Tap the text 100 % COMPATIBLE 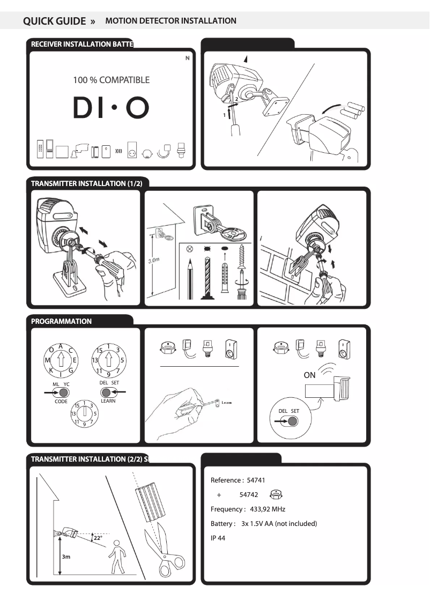tap(112, 80)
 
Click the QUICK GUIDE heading tap(54, 21)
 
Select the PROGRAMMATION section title tap(61, 321)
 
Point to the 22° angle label tap(98, 537)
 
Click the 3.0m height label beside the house tap(154, 260)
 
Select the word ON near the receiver tap(310, 375)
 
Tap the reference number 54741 tap(256, 480)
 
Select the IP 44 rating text tap(218, 538)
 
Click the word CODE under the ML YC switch tap(61, 401)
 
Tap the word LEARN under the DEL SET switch tap(108, 401)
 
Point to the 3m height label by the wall tap(66, 557)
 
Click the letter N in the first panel tap(188, 58)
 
